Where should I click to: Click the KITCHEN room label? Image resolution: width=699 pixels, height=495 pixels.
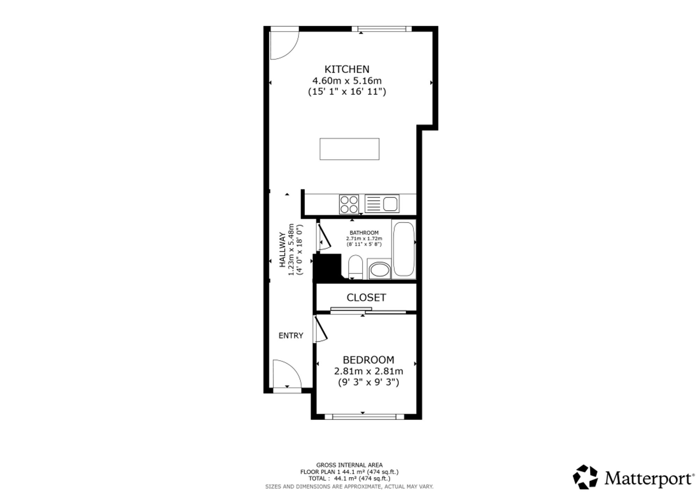coord(347,69)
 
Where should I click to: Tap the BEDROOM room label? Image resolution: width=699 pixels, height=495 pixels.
coord(368,360)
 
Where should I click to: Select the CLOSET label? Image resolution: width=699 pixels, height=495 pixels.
coord(366,297)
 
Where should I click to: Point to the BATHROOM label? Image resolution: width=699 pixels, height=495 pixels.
coord(364,233)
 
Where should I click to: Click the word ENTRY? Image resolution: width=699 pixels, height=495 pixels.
coord(291,336)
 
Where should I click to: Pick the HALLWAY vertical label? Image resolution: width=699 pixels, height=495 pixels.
coord(282,250)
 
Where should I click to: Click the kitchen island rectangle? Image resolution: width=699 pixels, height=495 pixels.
coord(349,149)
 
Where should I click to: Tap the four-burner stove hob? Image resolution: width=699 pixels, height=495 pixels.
coord(349,204)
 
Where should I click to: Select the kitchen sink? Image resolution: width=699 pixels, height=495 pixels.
coord(382,204)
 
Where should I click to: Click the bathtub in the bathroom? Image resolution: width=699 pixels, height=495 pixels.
coord(404,249)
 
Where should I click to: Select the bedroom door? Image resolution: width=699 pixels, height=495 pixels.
coord(320,329)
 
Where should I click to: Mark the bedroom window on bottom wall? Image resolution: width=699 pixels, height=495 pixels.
coord(364,416)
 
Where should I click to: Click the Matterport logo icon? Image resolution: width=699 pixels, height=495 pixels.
coord(586,477)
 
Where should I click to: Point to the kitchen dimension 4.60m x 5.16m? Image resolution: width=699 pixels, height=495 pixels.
coord(347,81)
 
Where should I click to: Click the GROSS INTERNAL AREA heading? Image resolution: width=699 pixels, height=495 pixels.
coord(349,465)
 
